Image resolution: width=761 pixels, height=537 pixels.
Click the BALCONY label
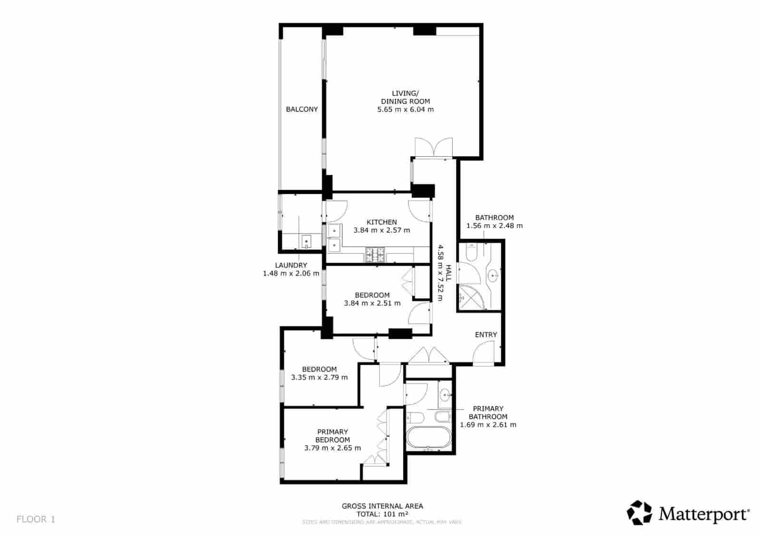(x=302, y=109)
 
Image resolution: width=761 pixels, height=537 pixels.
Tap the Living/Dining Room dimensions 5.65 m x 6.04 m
(x=405, y=110)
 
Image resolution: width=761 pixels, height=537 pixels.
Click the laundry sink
(x=306, y=241)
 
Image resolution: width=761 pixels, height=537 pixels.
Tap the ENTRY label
(x=486, y=335)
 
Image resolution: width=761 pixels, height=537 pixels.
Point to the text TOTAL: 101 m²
(x=382, y=514)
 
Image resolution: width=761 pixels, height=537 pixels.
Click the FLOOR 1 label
(x=36, y=519)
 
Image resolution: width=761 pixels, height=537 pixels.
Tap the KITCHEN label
(x=381, y=222)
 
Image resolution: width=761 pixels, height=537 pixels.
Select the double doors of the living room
(x=433, y=147)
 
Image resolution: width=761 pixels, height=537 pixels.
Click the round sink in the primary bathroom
(x=445, y=394)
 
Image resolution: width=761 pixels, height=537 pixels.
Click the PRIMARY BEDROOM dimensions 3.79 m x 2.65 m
(x=332, y=448)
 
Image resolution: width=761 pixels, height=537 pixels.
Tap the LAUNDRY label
(x=291, y=265)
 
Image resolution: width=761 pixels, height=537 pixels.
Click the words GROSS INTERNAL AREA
(x=382, y=506)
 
